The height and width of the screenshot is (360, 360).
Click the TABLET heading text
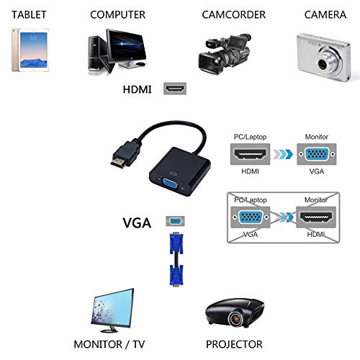(29, 14)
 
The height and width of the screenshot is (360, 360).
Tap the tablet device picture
(30, 50)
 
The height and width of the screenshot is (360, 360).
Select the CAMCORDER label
(234, 14)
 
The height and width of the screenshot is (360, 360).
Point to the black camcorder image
(225, 54)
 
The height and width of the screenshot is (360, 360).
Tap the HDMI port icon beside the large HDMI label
(175, 89)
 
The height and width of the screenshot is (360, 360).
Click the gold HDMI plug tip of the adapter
(118, 163)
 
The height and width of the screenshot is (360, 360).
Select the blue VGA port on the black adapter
(170, 186)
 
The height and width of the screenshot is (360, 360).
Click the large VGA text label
(137, 223)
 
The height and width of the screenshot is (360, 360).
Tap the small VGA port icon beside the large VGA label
(175, 221)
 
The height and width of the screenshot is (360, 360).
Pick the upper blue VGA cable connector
(176, 243)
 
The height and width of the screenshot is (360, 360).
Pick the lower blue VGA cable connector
(176, 275)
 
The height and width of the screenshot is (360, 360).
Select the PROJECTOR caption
(234, 344)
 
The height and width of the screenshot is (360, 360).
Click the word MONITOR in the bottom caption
(98, 344)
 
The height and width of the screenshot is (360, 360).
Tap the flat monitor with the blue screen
(112, 310)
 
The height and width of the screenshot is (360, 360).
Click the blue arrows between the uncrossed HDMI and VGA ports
(283, 154)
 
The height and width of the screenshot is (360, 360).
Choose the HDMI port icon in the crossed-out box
(316, 217)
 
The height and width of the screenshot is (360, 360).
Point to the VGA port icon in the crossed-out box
(251, 217)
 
